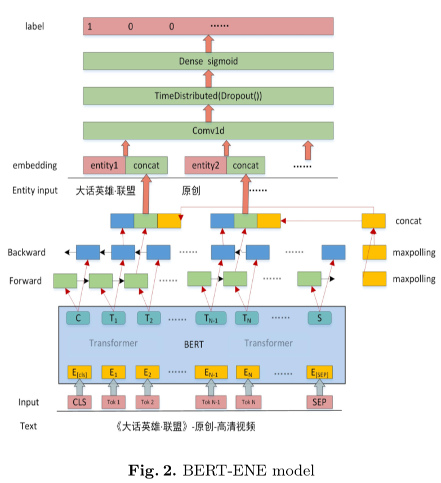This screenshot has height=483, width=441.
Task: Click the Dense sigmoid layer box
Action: click(x=208, y=61)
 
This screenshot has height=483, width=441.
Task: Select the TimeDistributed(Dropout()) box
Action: click(x=208, y=96)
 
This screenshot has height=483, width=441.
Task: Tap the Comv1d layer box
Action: click(x=208, y=130)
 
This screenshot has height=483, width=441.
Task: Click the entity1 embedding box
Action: click(x=104, y=165)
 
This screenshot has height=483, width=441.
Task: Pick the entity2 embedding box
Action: click(x=206, y=165)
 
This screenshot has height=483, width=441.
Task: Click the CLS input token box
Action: click(x=78, y=402)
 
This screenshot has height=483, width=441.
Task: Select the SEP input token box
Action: click(x=319, y=402)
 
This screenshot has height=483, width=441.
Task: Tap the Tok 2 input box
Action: click(x=148, y=402)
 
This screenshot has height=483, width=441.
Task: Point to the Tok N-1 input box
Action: click(x=211, y=402)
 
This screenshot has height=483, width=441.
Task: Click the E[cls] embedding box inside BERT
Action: click(x=78, y=372)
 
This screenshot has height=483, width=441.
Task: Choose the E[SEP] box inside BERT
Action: click(x=319, y=372)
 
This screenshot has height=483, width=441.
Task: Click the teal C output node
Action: click(x=78, y=318)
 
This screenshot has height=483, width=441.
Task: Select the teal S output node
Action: click(x=319, y=318)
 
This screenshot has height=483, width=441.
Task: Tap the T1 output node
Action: click(x=113, y=318)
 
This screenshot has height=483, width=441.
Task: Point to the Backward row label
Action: click(x=26, y=252)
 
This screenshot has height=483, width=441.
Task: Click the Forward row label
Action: click(x=25, y=281)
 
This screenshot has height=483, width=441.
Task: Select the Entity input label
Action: click(x=35, y=190)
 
